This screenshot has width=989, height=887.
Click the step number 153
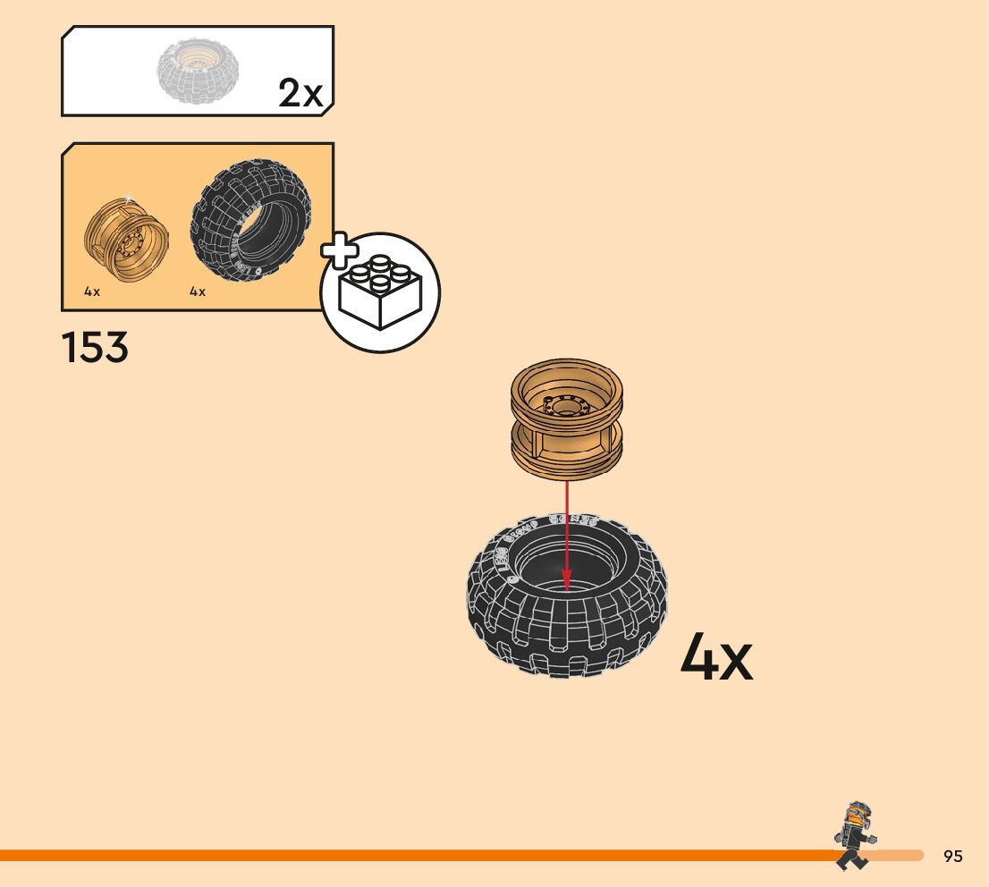point(95,347)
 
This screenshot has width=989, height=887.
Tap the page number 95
point(953,857)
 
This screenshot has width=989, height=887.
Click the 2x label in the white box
point(300,93)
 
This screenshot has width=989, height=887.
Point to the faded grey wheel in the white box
point(198,70)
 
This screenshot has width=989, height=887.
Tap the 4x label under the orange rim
point(92,292)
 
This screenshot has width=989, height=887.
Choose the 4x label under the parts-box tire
point(198,292)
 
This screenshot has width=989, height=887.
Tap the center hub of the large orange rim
point(565,407)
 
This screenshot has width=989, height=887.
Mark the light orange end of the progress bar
point(899,856)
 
